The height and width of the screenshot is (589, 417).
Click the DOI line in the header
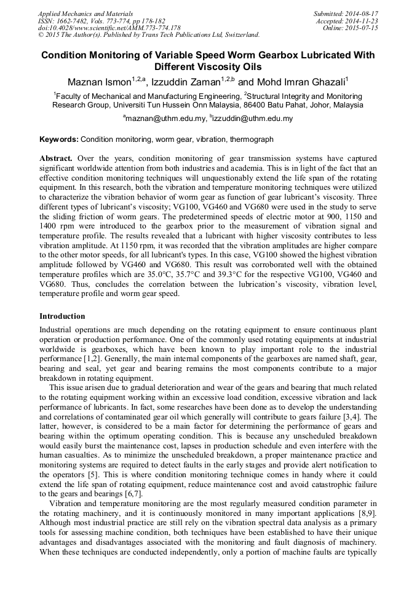tap(109, 28)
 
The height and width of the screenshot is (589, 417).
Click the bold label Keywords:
tap(59, 140)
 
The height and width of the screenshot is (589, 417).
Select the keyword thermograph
tap(252, 140)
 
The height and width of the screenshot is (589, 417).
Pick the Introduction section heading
tap(63, 316)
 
